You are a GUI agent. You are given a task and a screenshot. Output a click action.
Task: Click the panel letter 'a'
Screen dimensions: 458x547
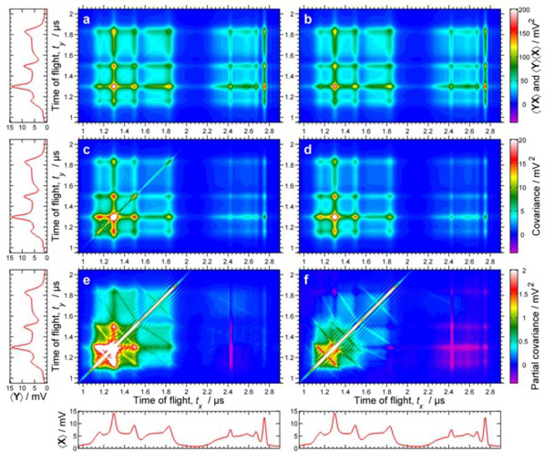tap(87, 19)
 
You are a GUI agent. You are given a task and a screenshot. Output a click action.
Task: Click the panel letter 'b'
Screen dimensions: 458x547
tap(307, 19)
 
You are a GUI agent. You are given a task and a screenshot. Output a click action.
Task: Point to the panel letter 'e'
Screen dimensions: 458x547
tap(87, 281)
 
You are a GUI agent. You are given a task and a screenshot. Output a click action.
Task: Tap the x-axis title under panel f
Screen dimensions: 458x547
tap(399, 400)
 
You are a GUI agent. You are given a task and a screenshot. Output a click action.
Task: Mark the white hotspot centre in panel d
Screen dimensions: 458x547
tap(335, 217)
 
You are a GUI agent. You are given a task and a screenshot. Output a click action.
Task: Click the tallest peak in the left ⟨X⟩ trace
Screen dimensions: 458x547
tap(114, 415)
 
